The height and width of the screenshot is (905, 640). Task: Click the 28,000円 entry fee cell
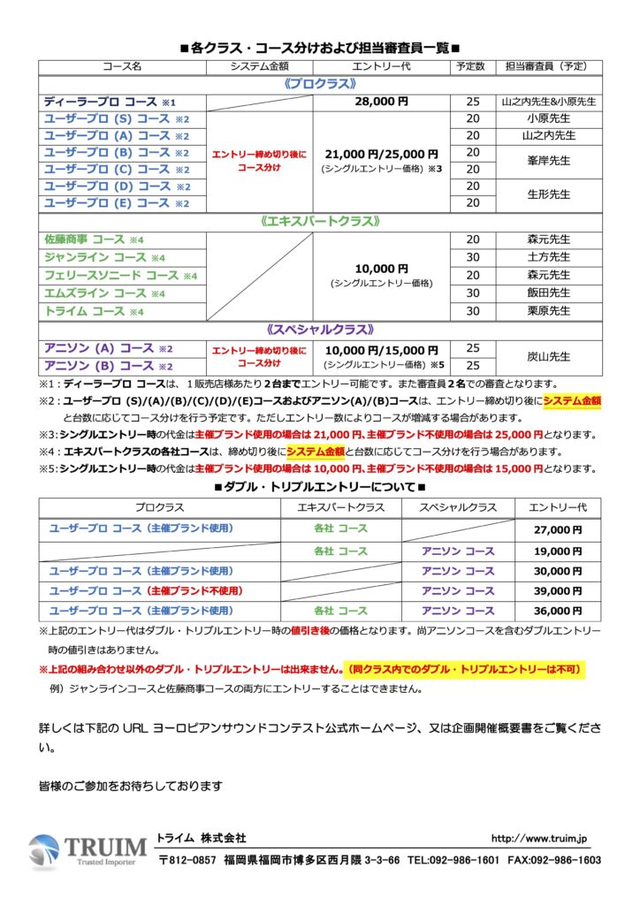pyautogui.click(x=381, y=102)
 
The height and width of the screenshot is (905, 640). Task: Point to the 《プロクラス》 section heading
pyautogui.click(x=320, y=83)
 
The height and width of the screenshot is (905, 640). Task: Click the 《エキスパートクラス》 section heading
pyautogui.click(x=320, y=221)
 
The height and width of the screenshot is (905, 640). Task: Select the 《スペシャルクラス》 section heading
pyautogui.click(x=320, y=330)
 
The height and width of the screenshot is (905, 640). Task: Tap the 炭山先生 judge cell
pyautogui.click(x=548, y=357)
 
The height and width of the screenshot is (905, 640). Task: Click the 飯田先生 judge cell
pyautogui.click(x=548, y=293)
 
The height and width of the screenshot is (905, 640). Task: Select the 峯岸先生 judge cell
pyautogui.click(x=548, y=161)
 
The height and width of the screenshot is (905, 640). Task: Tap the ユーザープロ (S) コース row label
pyautogui.click(x=106, y=118)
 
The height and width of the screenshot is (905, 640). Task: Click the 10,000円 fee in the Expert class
pyautogui.click(x=381, y=268)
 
